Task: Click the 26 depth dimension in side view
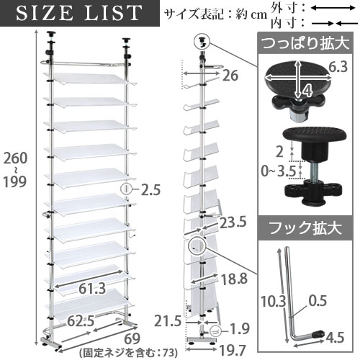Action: [230, 74]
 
